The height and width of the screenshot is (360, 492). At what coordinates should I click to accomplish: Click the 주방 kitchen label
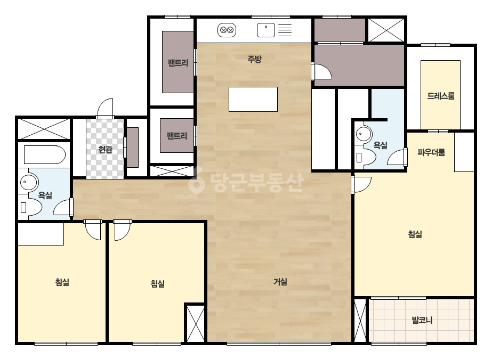point(254,59)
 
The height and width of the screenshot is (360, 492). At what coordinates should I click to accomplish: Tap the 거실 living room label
point(280,282)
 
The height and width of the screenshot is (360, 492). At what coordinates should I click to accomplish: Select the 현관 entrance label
point(105,150)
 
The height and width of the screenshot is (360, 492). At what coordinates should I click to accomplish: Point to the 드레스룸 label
point(440,96)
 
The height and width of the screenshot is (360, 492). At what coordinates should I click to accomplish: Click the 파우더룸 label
point(431,152)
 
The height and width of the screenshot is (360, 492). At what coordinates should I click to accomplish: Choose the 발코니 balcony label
point(422,320)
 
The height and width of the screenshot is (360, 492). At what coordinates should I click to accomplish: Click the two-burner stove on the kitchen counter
point(227,30)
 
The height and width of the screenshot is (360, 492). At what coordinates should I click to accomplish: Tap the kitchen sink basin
point(266,30)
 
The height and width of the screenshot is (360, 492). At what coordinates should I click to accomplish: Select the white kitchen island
point(253,99)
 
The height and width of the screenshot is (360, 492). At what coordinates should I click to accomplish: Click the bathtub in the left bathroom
point(45,154)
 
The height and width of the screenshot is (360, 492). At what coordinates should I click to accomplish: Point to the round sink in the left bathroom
point(29,182)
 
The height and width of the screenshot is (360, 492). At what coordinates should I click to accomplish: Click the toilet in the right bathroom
point(365,157)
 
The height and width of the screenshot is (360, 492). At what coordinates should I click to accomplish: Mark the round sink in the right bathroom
point(364,135)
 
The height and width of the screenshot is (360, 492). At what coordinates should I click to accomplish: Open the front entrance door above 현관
point(105,109)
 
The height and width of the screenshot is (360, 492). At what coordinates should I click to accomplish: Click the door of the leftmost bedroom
point(93,230)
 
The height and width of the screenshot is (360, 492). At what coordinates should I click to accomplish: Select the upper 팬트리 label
point(178,63)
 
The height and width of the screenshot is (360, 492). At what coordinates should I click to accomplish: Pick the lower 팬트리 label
point(177,136)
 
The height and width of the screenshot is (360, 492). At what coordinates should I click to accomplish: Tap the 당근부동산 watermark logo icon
point(197,181)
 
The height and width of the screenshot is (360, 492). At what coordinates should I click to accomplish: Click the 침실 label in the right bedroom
point(415,234)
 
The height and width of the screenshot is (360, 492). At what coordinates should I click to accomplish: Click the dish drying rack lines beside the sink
point(285,30)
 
